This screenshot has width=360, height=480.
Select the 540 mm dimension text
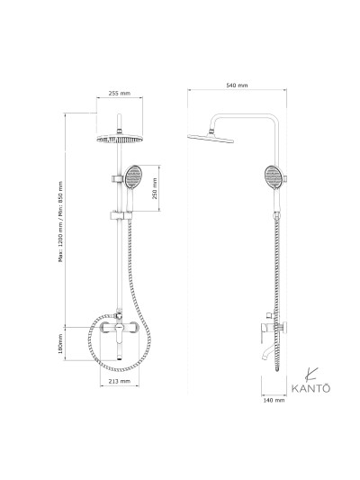[237, 85]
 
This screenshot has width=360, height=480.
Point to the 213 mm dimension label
[119, 382]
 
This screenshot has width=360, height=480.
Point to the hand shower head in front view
[132, 176]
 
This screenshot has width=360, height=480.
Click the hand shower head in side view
[274, 175]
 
